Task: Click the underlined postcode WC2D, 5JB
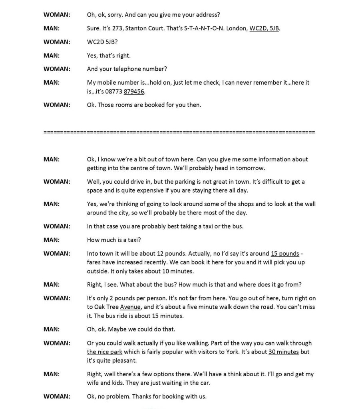(264, 28)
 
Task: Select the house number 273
(116, 28)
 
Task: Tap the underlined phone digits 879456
(134, 91)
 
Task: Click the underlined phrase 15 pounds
(285, 254)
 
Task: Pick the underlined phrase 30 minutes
(283, 352)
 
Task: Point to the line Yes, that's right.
(109, 56)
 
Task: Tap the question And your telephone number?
(127, 69)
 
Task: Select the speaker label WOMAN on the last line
(57, 397)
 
